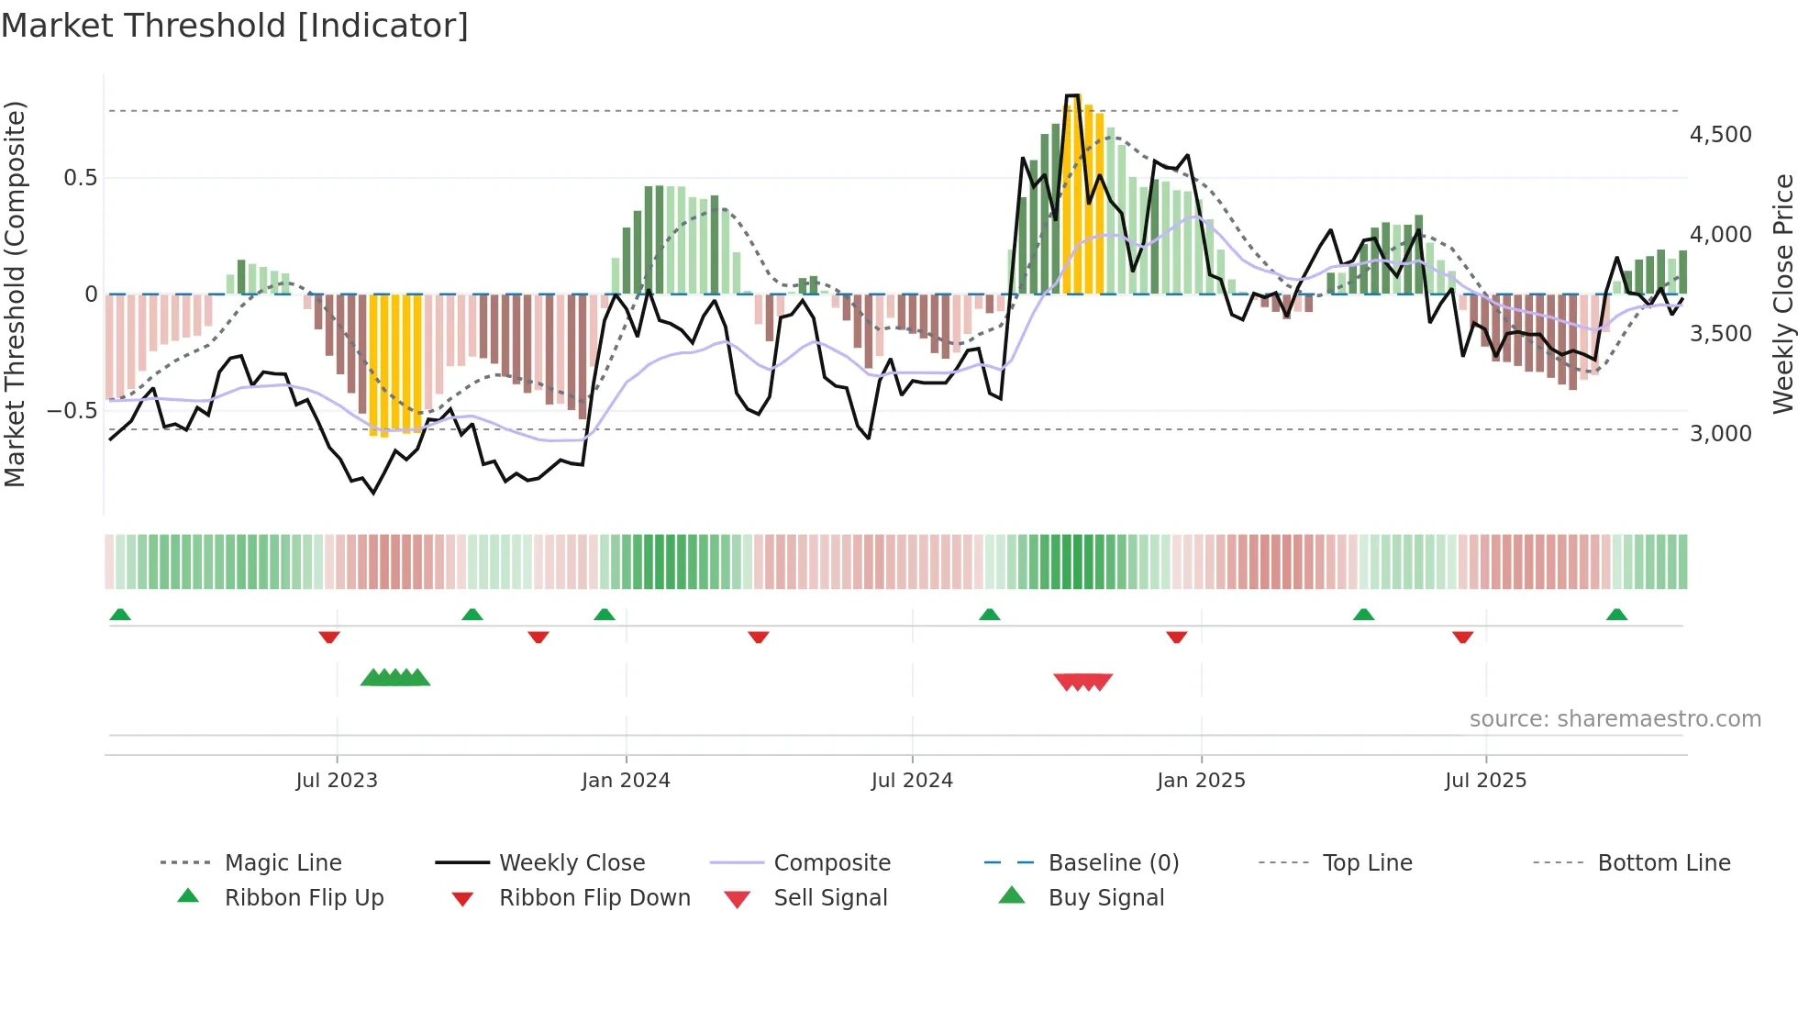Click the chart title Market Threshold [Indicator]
click(x=235, y=26)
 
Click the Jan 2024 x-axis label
click(x=626, y=781)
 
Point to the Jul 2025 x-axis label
click(x=1485, y=781)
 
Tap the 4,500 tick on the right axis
click(x=1720, y=135)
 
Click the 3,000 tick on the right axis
click(x=1720, y=433)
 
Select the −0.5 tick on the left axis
click(x=72, y=410)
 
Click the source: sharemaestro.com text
click(x=1615, y=719)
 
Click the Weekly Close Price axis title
click(x=1782, y=294)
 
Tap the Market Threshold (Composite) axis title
click(x=15, y=294)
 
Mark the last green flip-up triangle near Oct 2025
click(x=1616, y=615)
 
